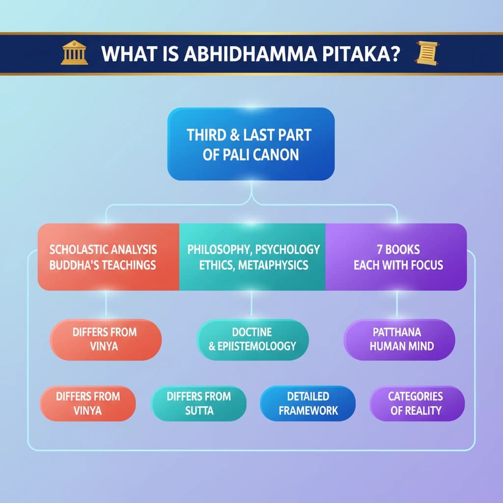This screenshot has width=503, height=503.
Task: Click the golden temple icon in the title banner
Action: (x=75, y=53)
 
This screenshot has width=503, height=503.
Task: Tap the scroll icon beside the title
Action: (x=427, y=53)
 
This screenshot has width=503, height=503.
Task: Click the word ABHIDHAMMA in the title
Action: (x=250, y=54)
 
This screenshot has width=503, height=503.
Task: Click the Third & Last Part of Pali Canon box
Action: (x=251, y=144)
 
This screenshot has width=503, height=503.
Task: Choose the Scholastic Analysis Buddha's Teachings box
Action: (x=109, y=257)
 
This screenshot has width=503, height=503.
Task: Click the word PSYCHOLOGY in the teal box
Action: (x=287, y=250)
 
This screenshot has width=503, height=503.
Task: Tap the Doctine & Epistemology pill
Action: (x=252, y=339)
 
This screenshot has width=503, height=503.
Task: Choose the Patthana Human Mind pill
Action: (x=399, y=339)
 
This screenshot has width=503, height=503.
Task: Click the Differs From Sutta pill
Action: (x=199, y=404)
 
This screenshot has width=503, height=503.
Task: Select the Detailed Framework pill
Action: (x=308, y=404)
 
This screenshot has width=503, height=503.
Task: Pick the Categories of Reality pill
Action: (x=417, y=404)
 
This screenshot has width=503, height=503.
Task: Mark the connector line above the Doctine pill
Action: (x=251, y=305)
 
